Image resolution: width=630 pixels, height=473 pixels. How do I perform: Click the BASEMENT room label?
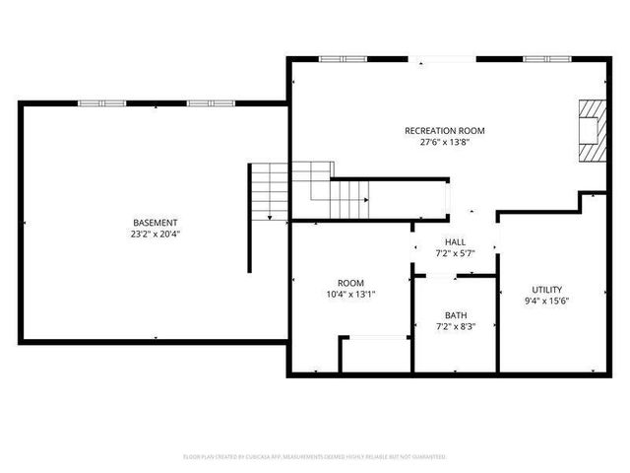click(x=156, y=222)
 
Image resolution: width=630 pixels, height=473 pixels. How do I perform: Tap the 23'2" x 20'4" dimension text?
click(x=156, y=235)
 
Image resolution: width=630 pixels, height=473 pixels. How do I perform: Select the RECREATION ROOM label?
click(x=444, y=130)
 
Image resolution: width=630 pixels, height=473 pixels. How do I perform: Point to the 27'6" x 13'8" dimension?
click(x=444, y=143)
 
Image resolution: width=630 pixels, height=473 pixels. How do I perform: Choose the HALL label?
click(x=455, y=241)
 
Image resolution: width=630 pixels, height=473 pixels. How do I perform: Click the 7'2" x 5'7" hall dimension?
click(x=455, y=254)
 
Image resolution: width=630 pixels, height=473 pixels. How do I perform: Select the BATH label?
click(x=455, y=315)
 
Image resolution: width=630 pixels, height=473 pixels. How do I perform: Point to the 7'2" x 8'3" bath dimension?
click(x=455, y=327)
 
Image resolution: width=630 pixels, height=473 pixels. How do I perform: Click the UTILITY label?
click(x=547, y=289)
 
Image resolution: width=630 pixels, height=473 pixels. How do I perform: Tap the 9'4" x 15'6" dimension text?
click(x=547, y=302)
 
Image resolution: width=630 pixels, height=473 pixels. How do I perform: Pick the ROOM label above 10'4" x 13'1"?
click(x=350, y=281)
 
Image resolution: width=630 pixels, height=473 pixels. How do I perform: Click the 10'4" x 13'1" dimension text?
click(x=350, y=294)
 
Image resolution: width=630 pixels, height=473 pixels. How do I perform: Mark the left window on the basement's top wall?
click(x=101, y=101)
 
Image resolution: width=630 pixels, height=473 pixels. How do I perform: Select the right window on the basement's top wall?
click(x=210, y=101)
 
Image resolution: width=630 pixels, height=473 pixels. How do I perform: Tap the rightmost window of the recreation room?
click(x=547, y=59)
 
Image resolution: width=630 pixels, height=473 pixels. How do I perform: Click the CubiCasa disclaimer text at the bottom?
click(x=315, y=457)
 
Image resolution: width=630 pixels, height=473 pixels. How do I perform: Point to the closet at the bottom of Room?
click(x=374, y=355)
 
